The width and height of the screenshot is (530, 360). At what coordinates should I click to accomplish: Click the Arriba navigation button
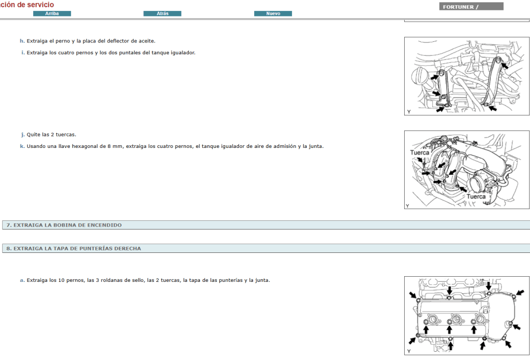tap(52, 13)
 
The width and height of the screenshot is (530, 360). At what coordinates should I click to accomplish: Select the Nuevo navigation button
tap(273, 13)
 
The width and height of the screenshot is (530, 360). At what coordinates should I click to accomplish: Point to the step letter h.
tap(22, 41)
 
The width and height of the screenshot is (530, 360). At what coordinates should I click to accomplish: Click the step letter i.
tap(22, 53)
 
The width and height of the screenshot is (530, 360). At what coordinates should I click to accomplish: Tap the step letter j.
tap(23, 134)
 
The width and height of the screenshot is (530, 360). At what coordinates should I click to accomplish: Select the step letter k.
tap(22, 146)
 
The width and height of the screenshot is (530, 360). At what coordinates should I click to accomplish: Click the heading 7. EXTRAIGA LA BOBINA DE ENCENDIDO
tap(64, 225)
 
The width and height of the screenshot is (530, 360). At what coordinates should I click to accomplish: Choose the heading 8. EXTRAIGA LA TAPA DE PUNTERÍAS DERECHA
tap(73, 248)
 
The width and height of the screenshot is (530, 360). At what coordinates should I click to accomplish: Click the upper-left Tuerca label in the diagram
tap(420, 153)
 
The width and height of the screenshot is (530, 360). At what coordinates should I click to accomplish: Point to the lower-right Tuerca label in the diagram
tap(476, 197)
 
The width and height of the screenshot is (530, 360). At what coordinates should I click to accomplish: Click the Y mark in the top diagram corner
tap(408, 112)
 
